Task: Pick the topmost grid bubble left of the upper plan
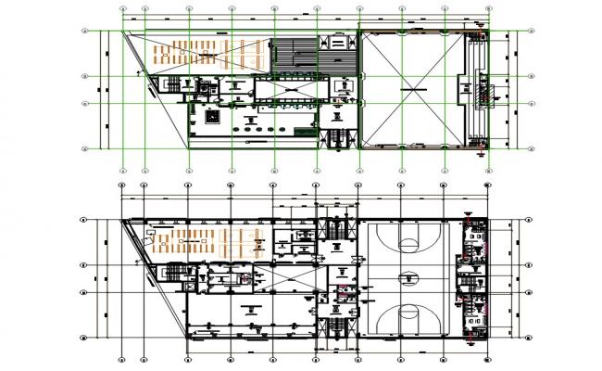click(84, 31)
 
